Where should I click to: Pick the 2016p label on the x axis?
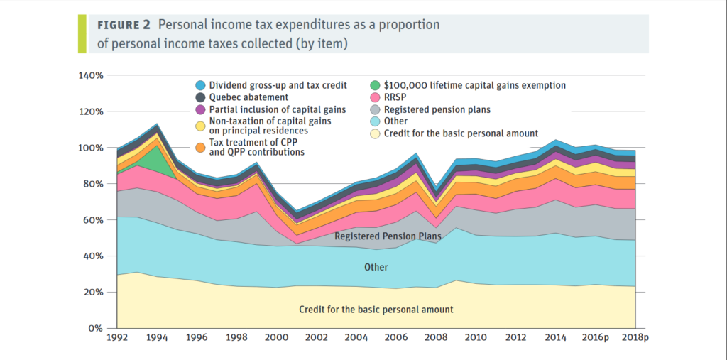(595, 338)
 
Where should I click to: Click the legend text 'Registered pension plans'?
(437, 109)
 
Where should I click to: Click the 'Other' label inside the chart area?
(376, 268)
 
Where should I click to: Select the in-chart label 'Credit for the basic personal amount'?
(376, 310)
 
